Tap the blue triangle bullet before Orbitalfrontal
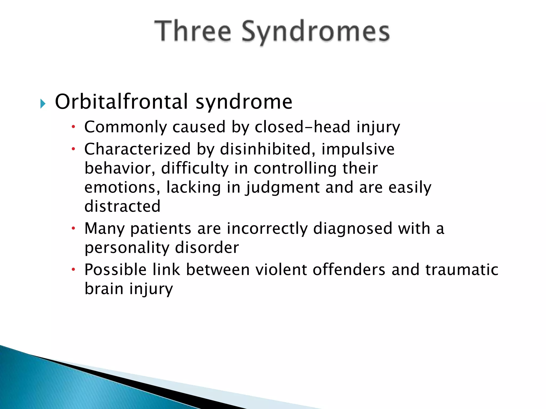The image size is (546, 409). click(43, 104)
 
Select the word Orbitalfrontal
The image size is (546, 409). click(122, 102)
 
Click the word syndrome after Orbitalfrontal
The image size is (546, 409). click(244, 102)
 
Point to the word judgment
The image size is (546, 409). click(283, 188)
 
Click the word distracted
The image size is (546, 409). click(122, 206)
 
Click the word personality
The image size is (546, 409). click(127, 248)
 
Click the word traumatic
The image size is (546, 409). click(462, 269)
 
